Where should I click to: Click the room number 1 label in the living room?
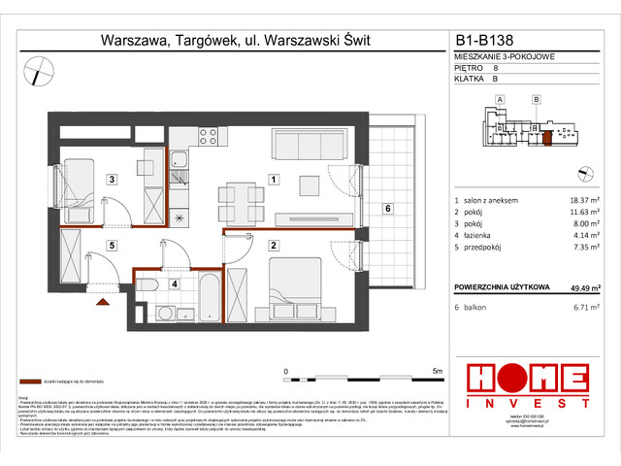(x=275, y=180)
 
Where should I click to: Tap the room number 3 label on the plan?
(x=112, y=180)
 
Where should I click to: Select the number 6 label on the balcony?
(x=386, y=208)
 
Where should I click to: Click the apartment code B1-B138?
(x=491, y=41)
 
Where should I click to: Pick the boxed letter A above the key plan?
(x=500, y=100)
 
